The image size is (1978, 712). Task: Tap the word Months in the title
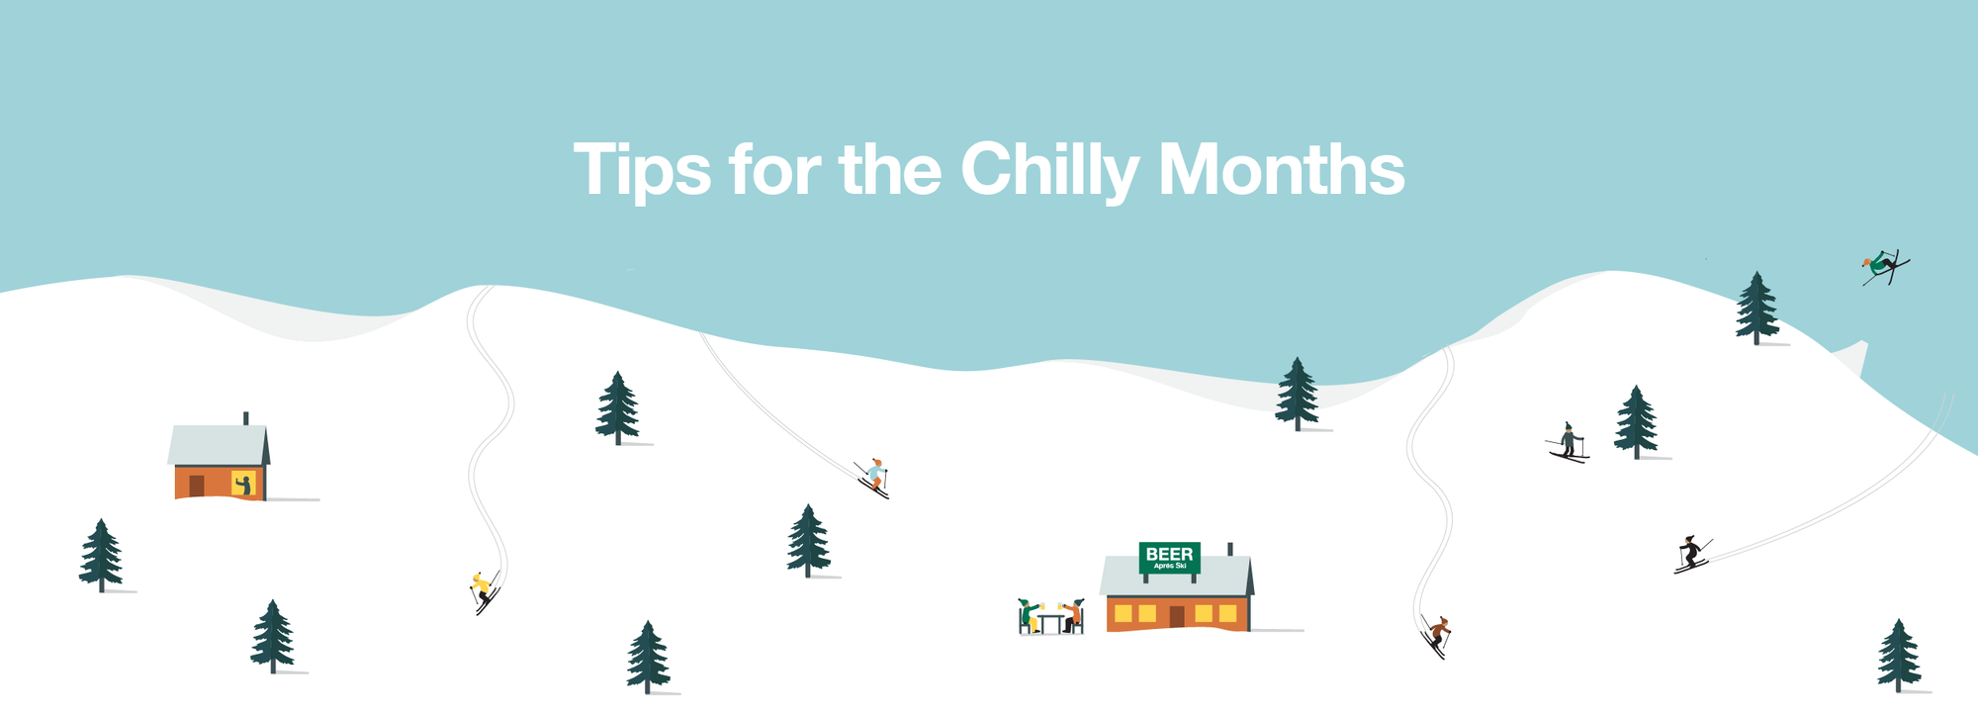pos(1281,170)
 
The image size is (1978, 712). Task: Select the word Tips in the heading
pos(641,170)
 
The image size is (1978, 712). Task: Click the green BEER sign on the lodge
pos(1169,557)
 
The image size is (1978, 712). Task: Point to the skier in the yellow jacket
pos(482,589)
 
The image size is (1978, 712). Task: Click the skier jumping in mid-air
pos(1883,266)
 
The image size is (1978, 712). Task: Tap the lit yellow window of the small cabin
pos(243,484)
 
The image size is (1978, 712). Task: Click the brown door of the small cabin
pos(197,486)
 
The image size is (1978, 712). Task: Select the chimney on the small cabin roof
pos(245,418)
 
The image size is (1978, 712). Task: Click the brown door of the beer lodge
pos(1177,616)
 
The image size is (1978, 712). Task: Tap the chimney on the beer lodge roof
pos(1229,549)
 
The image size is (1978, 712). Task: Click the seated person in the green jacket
pos(1030,616)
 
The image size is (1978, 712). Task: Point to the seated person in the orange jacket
pos(1073,616)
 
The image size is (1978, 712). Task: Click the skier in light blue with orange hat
pos(874,476)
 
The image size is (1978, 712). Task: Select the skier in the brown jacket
pos(1439,632)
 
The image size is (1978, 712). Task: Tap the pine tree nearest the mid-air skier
pos(1756,309)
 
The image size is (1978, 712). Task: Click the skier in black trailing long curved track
pos(1690,554)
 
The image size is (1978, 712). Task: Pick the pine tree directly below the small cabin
pos(272,637)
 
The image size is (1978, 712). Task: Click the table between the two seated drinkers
pos(1050,620)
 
